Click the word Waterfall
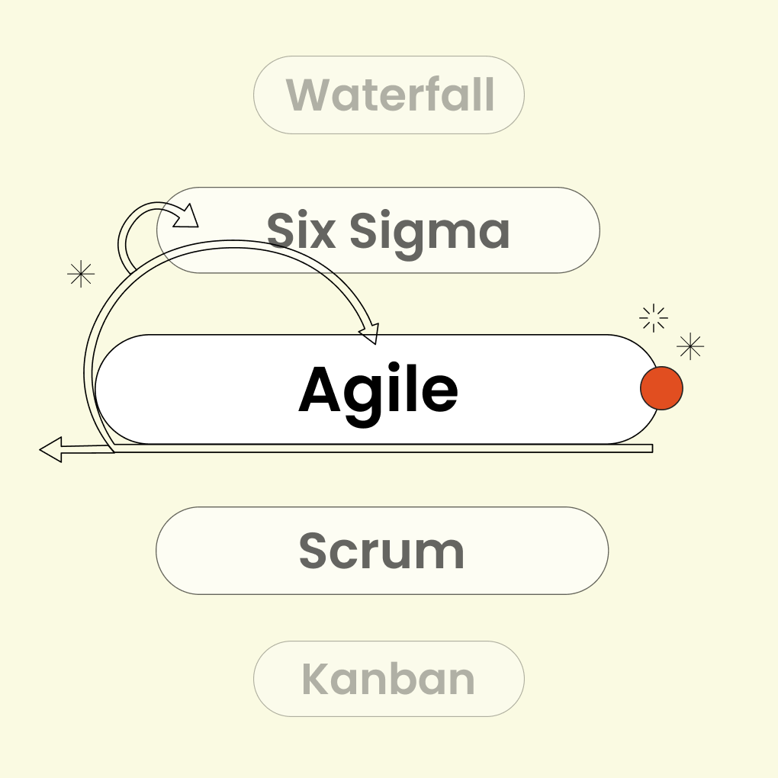390,95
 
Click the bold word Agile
378,390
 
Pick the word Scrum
381,551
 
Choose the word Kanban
388,679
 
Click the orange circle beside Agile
661,388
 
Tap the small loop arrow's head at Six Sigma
187,217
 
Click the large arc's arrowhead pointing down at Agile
370,334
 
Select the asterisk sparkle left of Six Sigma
81,273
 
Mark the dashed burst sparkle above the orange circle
654,317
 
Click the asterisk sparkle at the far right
690,346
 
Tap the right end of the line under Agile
651,448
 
